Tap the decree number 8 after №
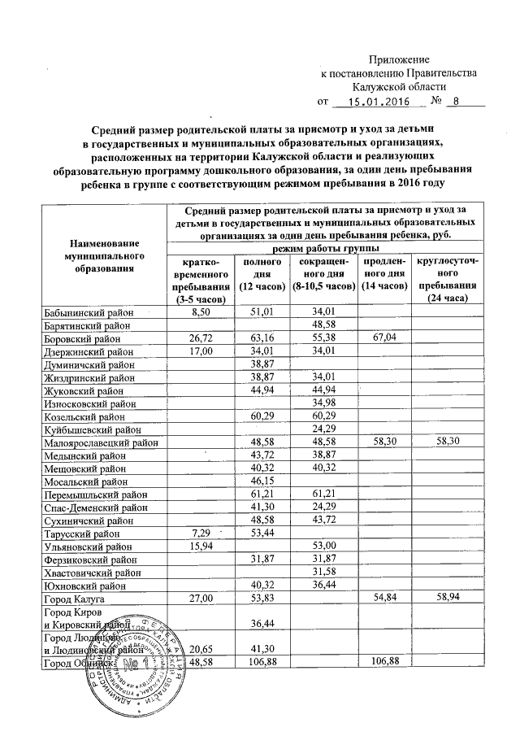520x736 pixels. pos(456,102)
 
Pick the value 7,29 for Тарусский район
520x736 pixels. pos(198,533)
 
